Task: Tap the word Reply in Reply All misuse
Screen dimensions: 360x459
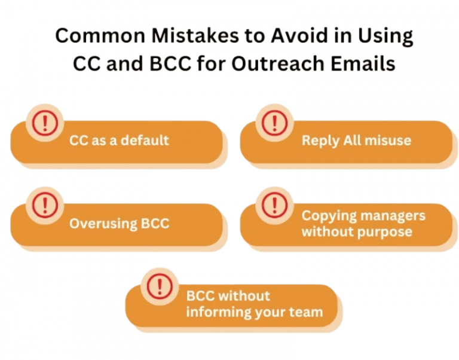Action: click(x=320, y=141)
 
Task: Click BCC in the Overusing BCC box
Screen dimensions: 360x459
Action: click(x=155, y=224)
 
